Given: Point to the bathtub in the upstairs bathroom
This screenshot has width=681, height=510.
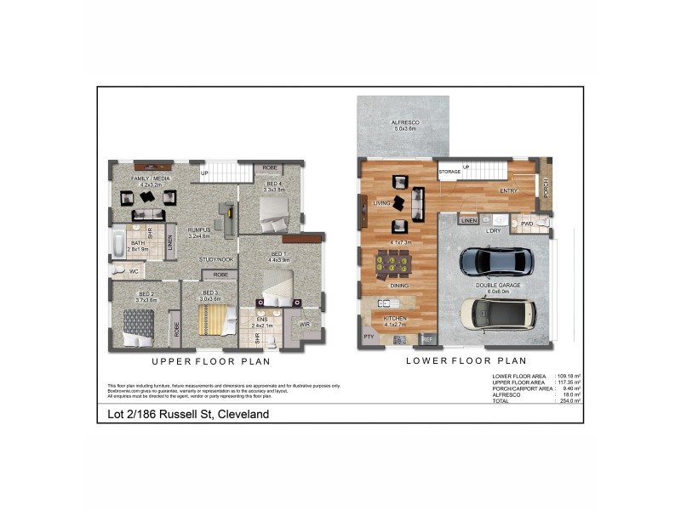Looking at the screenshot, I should [x=117, y=244].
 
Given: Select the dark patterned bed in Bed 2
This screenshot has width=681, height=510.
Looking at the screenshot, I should [x=139, y=326].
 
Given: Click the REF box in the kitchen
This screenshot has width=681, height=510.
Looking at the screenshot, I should [x=427, y=339].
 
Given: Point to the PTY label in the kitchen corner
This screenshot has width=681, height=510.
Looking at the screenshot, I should [x=369, y=337].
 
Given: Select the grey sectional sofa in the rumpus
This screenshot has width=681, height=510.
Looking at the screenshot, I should [x=228, y=219].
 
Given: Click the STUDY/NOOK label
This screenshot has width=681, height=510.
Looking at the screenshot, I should [x=216, y=259].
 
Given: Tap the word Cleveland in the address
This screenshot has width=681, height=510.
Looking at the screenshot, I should [x=243, y=414].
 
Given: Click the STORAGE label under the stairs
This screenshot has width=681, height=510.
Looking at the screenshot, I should [x=449, y=172].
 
